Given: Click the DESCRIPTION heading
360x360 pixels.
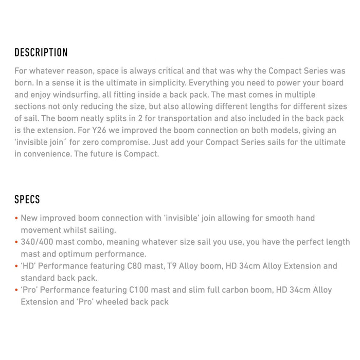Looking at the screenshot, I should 41,52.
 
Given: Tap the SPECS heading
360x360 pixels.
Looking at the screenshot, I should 27,200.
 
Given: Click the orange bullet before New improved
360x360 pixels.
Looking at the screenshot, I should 16,218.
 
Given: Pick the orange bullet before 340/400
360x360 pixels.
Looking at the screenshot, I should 16,242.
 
